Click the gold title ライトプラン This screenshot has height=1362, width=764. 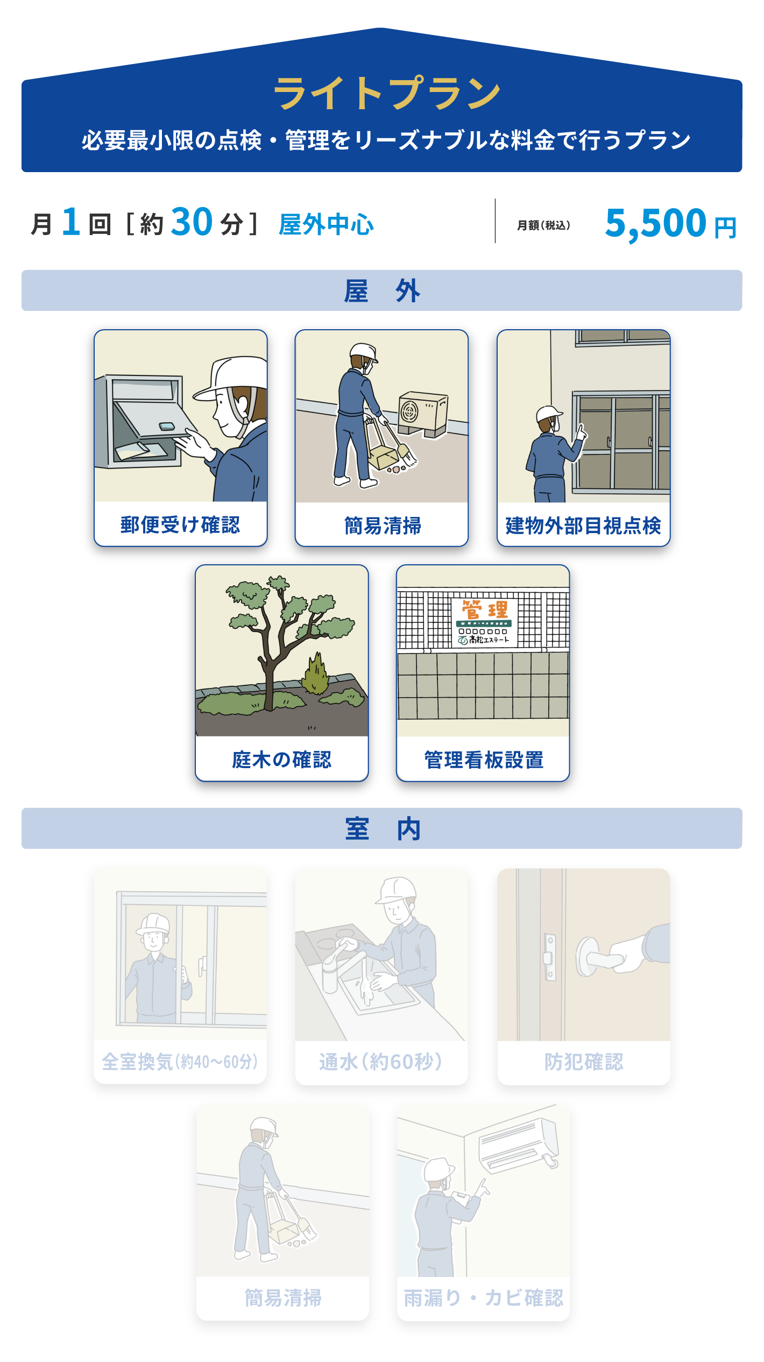point(387,93)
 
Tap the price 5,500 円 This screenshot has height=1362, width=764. point(670,223)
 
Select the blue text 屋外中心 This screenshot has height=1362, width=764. point(326,224)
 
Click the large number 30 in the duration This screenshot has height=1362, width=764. point(192,222)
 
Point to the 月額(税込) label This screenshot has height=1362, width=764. point(543,225)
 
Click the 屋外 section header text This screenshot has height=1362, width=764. point(382,291)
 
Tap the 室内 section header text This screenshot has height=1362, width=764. point(382,828)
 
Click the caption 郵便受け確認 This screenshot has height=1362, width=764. point(180,524)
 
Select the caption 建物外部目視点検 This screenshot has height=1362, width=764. point(583,526)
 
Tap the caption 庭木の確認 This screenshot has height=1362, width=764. point(281,760)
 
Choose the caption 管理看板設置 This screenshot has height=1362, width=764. point(484,760)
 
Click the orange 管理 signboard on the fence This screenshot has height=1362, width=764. point(484,622)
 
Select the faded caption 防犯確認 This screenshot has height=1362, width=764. point(584,1062)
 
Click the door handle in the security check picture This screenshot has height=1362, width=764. point(598,958)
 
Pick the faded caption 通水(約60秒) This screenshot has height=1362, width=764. point(380,1062)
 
